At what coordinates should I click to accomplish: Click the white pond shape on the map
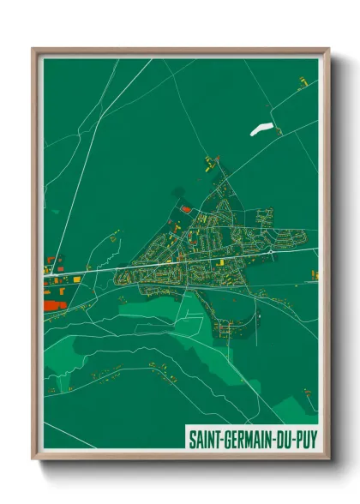261,129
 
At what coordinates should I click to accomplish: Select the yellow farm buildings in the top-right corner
303,82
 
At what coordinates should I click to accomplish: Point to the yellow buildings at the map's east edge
314,275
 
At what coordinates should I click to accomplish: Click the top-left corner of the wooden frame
34,50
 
